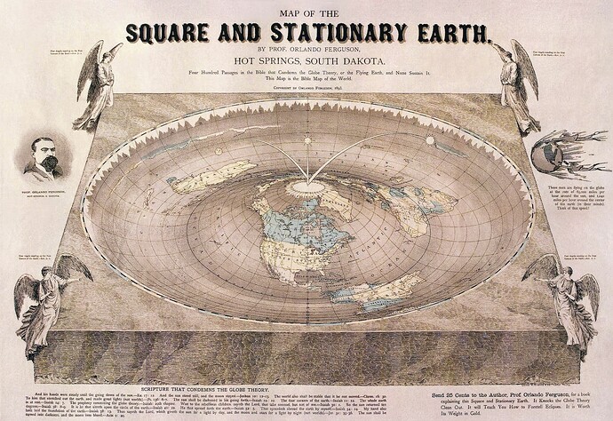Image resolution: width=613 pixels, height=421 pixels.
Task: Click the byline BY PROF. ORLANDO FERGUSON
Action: click(x=306, y=51)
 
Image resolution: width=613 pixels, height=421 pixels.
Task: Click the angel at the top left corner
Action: click(x=98, y=84)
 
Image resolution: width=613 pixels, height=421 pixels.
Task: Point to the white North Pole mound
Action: click(x=307, y=187)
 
